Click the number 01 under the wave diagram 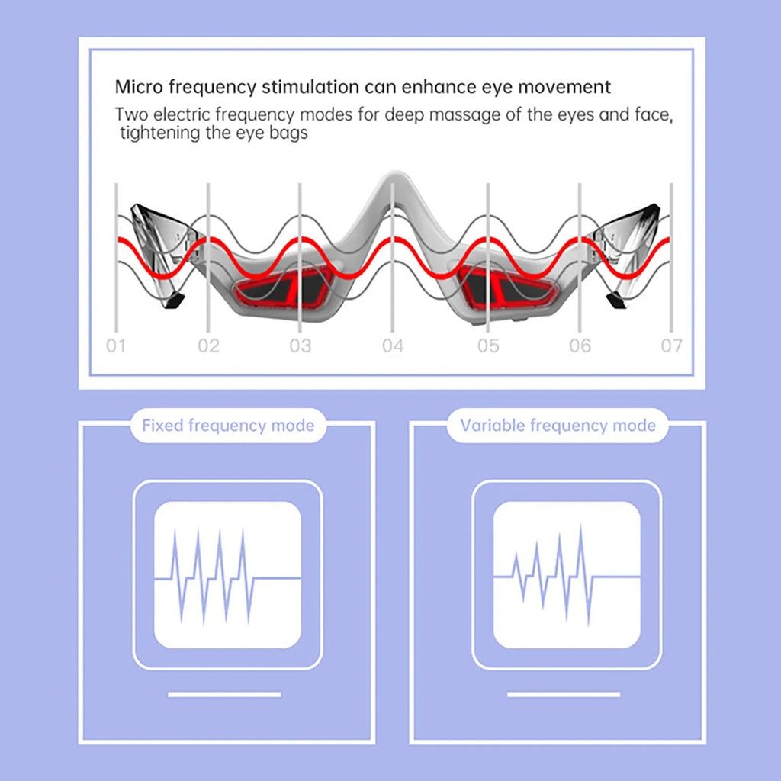[116, 346]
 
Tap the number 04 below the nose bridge [393, 346]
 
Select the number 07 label [671, 346]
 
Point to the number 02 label [208, 346]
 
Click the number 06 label [580, 346]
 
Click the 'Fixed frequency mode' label [228, 426]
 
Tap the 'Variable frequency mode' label [558, 426]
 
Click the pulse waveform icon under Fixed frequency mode [227, 576]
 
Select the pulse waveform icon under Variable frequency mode [567, 575]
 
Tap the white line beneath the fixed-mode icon [224, 694]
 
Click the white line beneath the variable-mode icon [564, 694]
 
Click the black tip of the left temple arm [175, 301]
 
